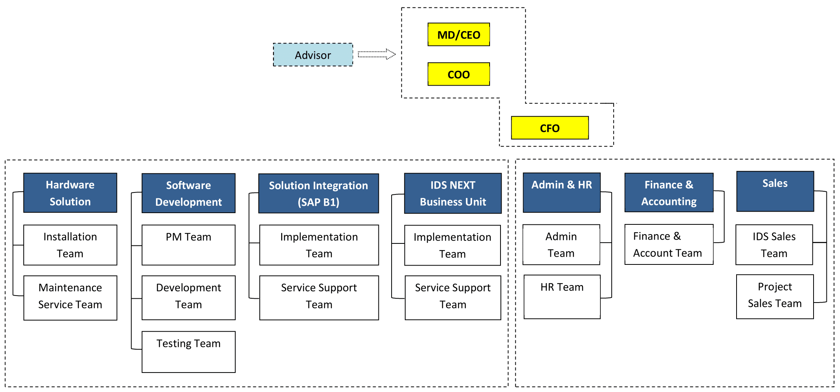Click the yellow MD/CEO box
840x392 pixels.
(458, 35)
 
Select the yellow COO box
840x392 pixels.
(458, 74)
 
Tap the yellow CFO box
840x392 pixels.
(549, 128)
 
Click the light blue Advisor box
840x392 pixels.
(313, 55)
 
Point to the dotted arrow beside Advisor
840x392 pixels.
(376, 54)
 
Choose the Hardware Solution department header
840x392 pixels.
(70, 193)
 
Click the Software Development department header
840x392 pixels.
(188, 193)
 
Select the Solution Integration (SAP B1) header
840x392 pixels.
(318, 193)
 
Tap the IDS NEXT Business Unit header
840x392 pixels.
(453, 193)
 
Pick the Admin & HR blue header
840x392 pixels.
(562, 192)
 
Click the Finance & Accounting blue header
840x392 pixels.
(669, 192)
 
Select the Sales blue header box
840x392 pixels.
(775, 191)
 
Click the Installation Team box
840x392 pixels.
(70, 245)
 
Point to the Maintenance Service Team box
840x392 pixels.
(70, 298)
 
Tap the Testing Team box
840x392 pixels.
(188, 352)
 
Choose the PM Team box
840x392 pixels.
(188, 245)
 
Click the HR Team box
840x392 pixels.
(562, 297)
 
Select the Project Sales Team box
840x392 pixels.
(775, 297)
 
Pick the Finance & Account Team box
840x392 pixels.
(669, 244)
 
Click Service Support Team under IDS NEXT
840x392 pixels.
(453, 298)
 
